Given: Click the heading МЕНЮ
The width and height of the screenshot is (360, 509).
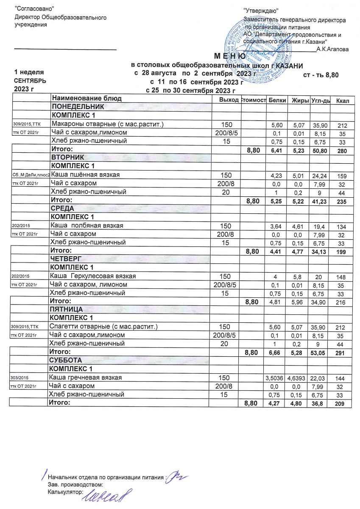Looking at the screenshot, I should (x=229, y=57).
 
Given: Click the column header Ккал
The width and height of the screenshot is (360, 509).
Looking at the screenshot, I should (x=342, y=100).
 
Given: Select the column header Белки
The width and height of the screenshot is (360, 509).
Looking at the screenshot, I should (x=277, y=100).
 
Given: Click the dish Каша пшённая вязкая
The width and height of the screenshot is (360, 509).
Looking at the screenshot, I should (x=85, y=175).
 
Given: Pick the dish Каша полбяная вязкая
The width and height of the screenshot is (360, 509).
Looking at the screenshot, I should (x=87, y=226).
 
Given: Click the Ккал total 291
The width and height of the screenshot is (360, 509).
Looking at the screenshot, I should (x=341, y=352).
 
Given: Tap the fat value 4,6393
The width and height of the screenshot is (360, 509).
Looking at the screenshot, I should (x=298, y=378).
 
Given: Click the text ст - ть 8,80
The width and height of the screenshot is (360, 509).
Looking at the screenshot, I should (x=321, y=75).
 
